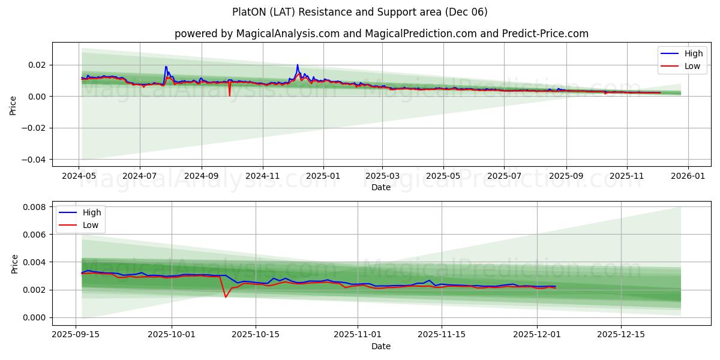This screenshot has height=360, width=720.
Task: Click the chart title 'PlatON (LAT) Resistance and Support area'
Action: coord(360,12)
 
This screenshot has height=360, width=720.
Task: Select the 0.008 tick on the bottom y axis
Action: coord(35,207)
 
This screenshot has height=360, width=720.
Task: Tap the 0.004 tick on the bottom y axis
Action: coord(35,262)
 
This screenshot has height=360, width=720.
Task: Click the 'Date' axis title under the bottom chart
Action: coord(381,346)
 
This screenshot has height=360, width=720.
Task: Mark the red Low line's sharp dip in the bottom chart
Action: coord(226,296)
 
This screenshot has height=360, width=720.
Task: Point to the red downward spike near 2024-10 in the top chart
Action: coord(229,95)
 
